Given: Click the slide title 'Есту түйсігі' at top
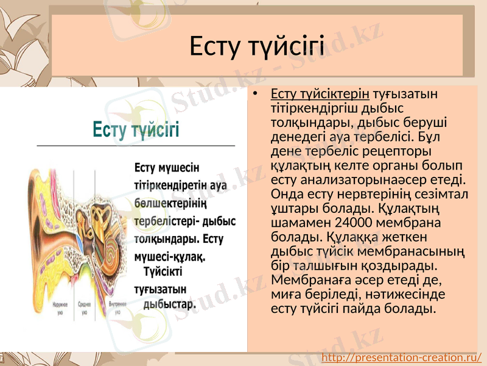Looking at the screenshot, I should (x=257, y=46).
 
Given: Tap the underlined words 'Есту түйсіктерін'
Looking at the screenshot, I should (x=320, y=94).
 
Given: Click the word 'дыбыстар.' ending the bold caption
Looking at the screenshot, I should (x=169, y=304).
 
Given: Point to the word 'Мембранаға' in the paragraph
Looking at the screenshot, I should (x=304, y=280).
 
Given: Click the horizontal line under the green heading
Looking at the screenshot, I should (x=136, y=146).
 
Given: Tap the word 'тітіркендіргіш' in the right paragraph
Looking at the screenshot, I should (x=311, y=108).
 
